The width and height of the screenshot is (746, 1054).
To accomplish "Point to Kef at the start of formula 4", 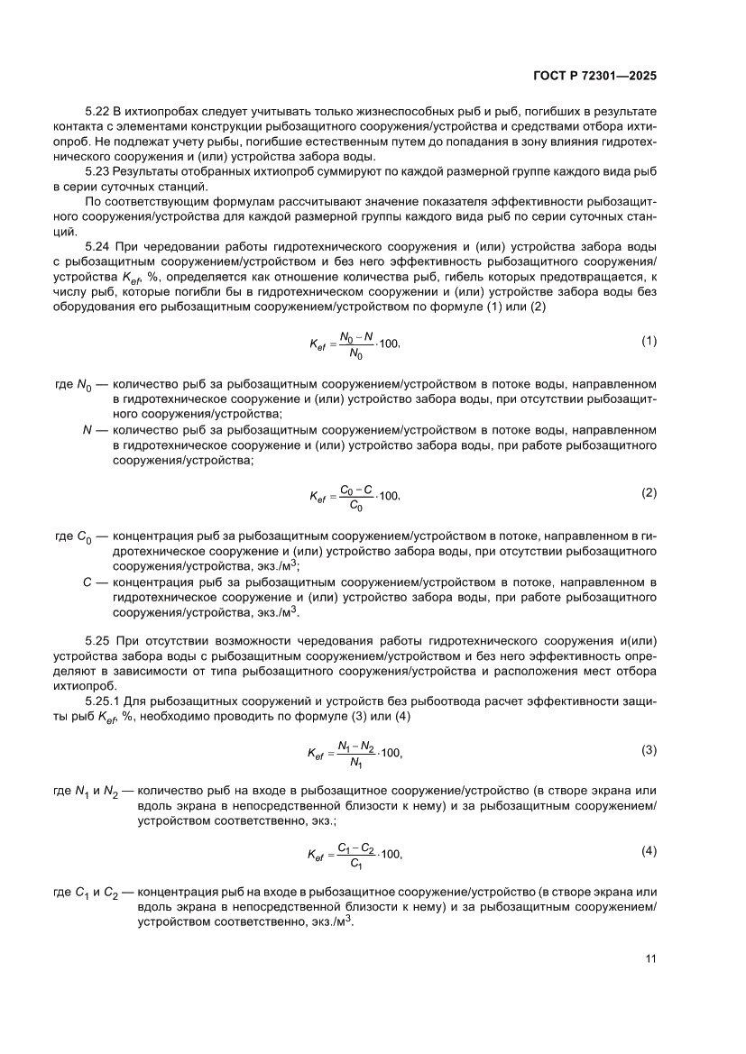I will click(318, 854).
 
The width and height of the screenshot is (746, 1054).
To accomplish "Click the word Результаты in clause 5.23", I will click(150, 170).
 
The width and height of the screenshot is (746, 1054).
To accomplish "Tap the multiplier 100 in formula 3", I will click(389, 753).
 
